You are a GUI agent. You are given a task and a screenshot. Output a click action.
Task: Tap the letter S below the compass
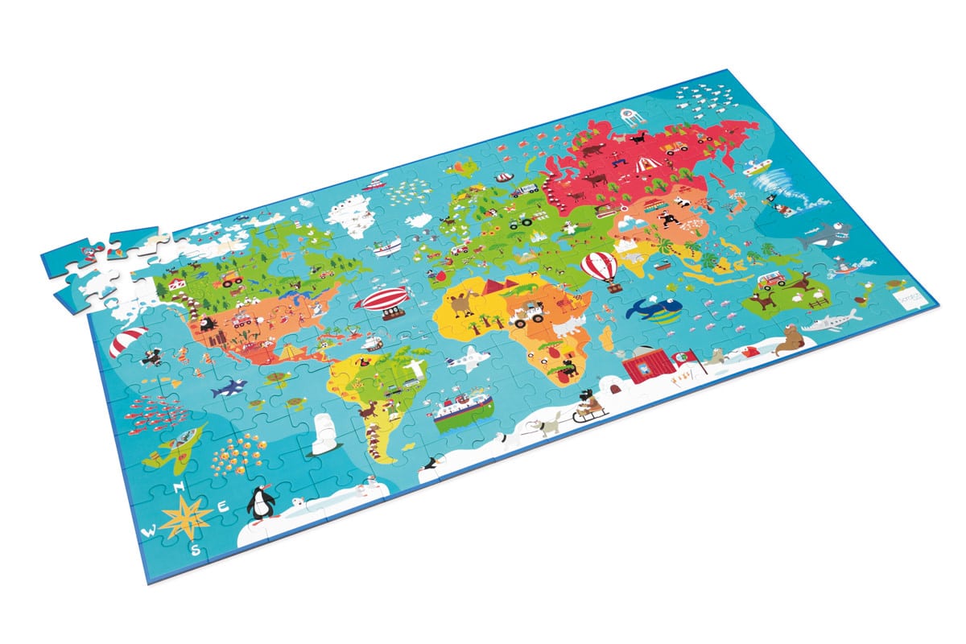[196, 550]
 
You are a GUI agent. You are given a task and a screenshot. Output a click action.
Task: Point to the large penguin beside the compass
[260, 503]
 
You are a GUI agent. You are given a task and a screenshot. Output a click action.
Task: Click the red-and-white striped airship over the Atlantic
[382, 301]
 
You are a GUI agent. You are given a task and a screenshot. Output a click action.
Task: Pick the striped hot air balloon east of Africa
[606, 267]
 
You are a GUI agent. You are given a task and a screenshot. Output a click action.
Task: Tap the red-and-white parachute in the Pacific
[130, 342]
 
